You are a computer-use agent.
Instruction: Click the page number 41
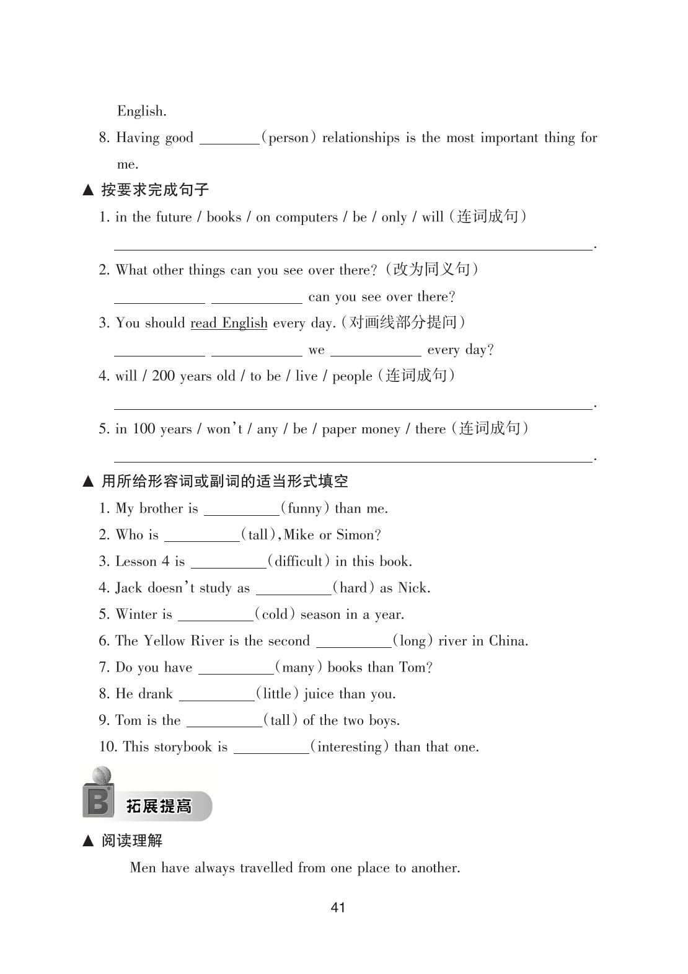pyautogui.click(x=338, y=908)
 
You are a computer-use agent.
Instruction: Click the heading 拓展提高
pyautogui.click(x=159, y=806)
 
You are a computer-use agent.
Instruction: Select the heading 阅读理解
pyautogui.click(x=132, y=841)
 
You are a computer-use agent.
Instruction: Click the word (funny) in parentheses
pyautogui.click(x=305, y=509)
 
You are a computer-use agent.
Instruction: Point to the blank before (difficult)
pyautogui.click(x=228, y=562)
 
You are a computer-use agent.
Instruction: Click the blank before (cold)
pyautogui.click(x=215, y=615)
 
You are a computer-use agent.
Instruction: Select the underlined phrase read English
pyautogui.click(x=229, y=323)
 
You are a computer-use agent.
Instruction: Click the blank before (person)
pyautogui.click(x=229, y=138)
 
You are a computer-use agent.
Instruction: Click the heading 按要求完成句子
pyautogui.click(x=155, y=190)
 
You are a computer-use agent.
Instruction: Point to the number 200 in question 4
pyautogui.click(x=163, y=376)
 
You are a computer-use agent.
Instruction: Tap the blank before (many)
pyautogui.click(x=236, y=668)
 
